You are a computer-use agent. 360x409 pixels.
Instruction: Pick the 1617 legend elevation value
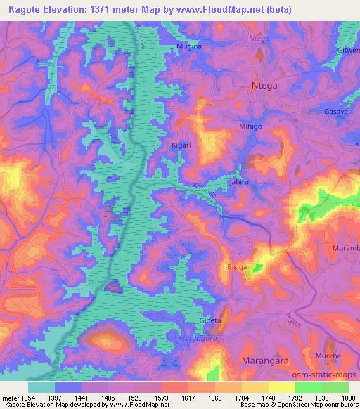(188, 398)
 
